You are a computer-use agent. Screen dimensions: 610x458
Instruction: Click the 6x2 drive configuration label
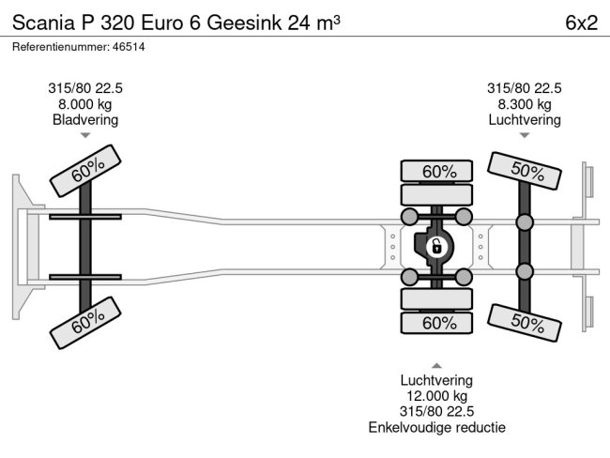pos(581,23)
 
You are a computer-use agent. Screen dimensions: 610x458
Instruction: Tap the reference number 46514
pos(129,47)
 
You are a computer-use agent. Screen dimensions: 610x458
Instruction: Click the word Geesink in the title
pos(244,23)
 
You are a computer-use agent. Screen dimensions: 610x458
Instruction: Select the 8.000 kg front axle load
pos(85,104)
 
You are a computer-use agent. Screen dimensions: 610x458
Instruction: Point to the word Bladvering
pos(85,120)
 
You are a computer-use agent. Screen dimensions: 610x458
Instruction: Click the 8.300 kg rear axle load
pos(525,104)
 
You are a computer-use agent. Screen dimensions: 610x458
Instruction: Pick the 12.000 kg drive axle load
pos(437,396)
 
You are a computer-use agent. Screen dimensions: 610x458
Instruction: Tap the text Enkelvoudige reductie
pos(437,428)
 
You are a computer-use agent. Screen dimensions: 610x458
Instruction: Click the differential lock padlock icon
pos(436,247)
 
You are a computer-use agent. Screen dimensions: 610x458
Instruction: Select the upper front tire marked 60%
pos(85,171)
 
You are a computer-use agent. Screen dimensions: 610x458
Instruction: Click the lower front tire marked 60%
pos(85,323)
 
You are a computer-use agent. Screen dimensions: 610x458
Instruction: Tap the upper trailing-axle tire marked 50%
pos(525,171)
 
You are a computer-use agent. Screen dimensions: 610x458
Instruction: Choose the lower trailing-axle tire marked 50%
pos(525,323)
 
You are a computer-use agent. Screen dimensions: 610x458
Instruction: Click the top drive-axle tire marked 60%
pos(436,171)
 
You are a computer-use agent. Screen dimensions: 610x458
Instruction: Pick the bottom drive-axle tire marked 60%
pos(436,324)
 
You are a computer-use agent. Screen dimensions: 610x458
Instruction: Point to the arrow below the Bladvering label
pos(85,135)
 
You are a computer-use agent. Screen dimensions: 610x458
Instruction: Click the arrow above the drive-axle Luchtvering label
pos(437,366)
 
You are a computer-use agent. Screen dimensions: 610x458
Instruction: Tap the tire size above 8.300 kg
pos(525,88)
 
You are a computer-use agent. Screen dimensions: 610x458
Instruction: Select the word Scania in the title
pos(43,23)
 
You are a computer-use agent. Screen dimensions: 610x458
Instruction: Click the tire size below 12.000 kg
pos(437,412)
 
